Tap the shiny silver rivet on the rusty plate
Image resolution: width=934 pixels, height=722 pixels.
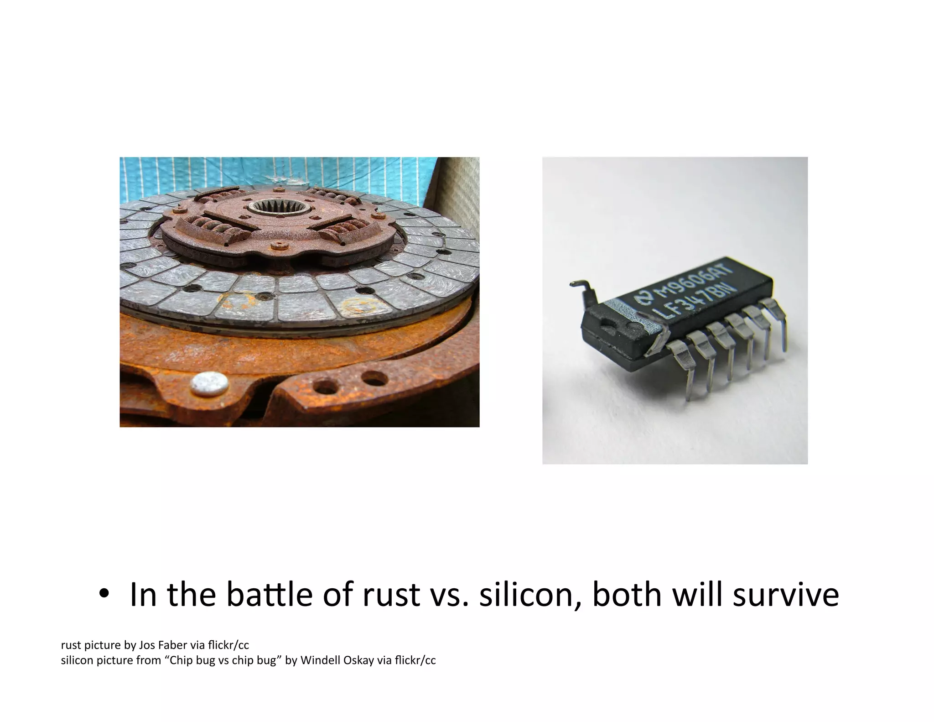click(209, 382)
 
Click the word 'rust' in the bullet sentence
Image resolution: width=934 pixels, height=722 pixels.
click(391, 595)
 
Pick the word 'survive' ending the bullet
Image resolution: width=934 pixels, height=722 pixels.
click(785, 595)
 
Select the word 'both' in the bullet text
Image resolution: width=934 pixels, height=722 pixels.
click(627, 595)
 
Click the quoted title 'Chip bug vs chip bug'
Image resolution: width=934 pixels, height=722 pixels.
click(223, 660)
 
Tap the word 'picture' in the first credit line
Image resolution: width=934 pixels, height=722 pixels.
click(100, 645)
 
